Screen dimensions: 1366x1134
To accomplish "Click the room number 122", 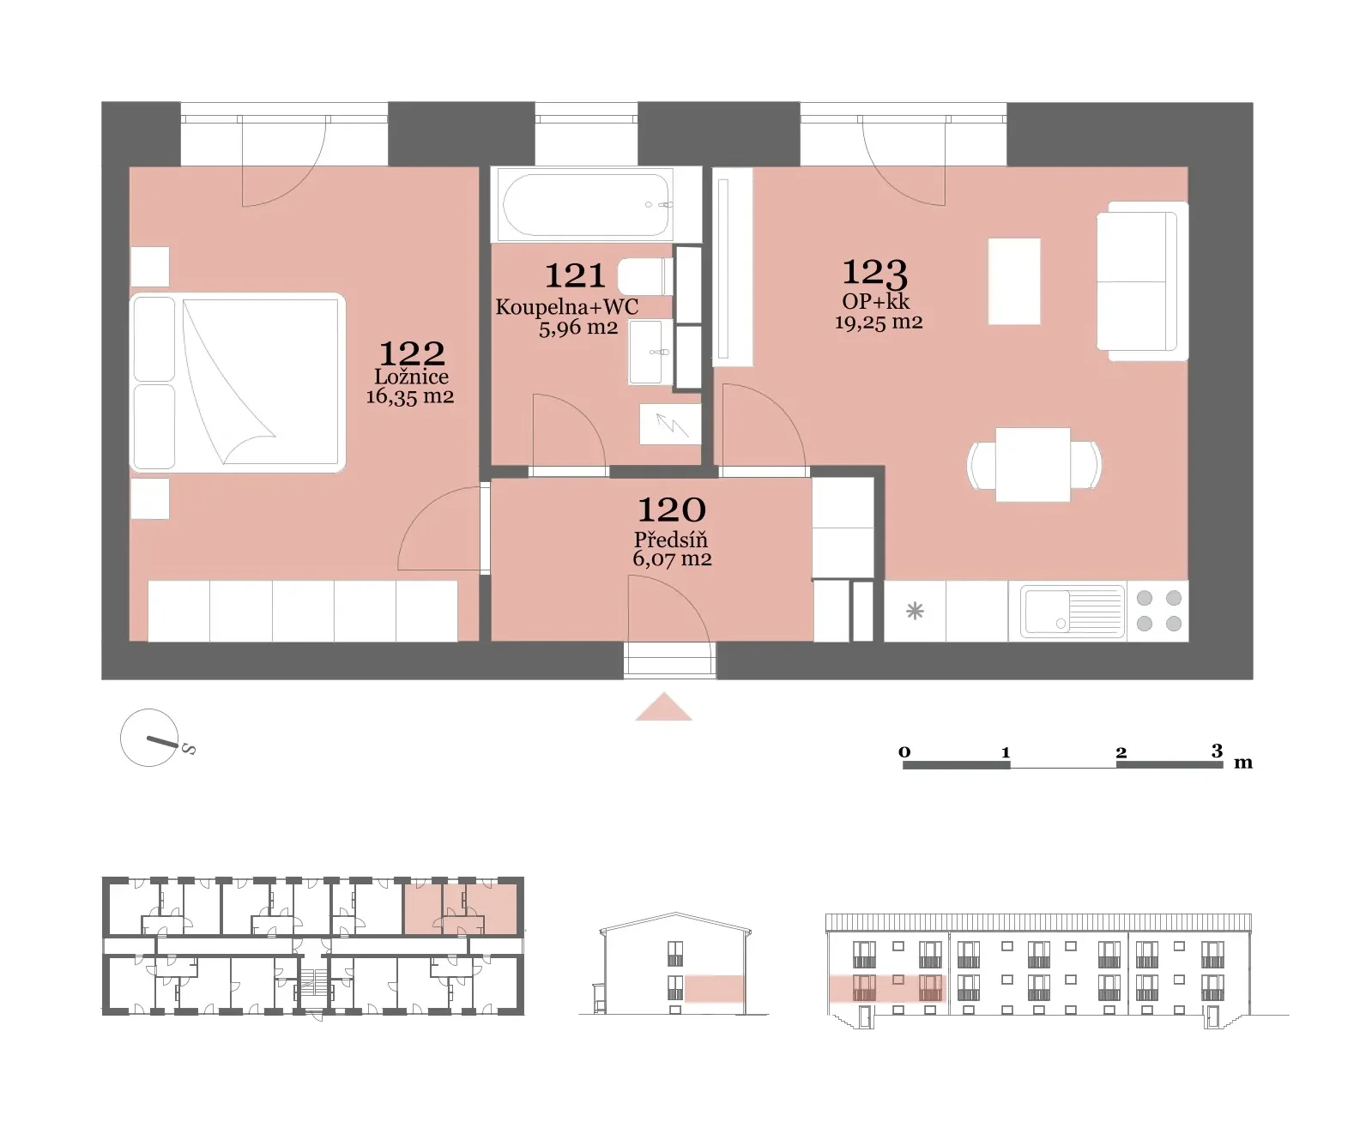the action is pos(412,353).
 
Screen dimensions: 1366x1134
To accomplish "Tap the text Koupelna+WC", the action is pos(566,307).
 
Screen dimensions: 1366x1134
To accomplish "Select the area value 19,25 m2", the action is pos(878,323).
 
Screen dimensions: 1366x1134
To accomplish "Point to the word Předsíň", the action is pos(671,540).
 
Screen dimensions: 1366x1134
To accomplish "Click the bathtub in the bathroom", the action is pos(585,204).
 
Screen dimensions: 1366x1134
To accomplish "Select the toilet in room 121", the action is pos(645,276).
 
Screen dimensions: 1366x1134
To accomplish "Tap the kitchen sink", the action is pos(1073,612).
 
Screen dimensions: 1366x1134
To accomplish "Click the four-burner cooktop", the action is pos(1158,611).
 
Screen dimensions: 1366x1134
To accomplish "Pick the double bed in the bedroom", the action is pos(239,383).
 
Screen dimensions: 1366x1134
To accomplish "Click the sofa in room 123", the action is pos(1142,281).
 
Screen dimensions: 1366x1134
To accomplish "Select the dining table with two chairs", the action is pos(1034,465).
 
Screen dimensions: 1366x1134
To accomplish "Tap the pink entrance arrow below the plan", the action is pos(663,707).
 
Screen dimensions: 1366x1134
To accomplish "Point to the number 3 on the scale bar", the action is pos(1217,750).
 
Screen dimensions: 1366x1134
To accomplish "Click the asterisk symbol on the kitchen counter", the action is pos(915,612).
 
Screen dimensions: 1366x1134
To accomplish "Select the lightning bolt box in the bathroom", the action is pos(670,425).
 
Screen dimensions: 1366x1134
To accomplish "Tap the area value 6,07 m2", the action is pos(672,558).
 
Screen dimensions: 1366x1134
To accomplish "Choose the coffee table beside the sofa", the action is pos(1014,281).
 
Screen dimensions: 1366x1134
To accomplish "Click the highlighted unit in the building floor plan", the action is pos(462,908).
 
